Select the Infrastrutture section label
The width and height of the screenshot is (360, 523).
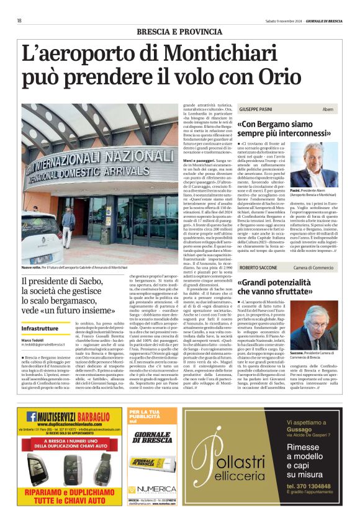point(44,328)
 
